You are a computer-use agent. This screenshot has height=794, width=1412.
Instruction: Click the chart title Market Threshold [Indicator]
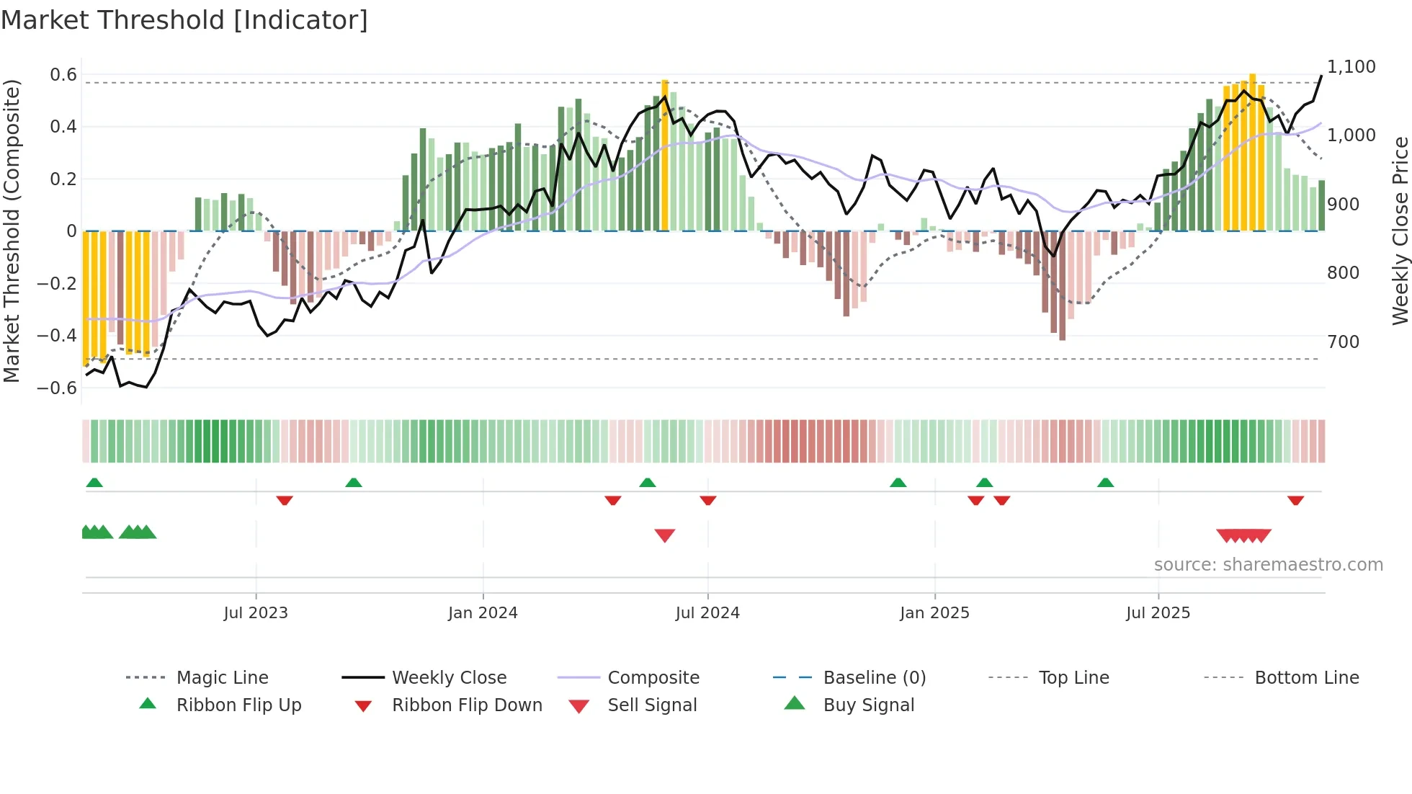coord(184,20)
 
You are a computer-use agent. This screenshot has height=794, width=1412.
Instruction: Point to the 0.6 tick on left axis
coord(63,75)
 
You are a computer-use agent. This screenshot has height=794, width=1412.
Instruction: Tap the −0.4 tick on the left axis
coord(57,336)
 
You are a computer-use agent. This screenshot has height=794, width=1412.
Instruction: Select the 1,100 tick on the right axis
coord(1351,67)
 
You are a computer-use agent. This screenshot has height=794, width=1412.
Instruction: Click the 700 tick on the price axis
coord(1343,342)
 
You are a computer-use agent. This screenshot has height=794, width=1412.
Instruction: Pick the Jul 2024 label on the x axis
coord(707,613)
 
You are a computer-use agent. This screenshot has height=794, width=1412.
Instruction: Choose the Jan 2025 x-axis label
coord(934,613)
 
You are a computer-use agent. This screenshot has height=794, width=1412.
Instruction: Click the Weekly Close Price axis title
coord(1400,231)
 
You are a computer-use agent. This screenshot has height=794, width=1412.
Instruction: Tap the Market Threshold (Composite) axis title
coord(12,231)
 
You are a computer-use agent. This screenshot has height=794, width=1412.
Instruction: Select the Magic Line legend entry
coord(222,678)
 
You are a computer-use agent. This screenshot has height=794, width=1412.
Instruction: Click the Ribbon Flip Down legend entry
coord(466,705)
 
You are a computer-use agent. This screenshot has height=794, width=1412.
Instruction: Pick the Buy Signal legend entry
coord(868,705)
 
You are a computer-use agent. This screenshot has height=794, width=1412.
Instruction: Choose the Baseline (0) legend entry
coord(874,678)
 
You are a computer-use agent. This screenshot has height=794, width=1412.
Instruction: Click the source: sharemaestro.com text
coord(1268,565)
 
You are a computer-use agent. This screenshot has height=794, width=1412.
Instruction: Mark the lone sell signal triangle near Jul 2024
coord(664,535)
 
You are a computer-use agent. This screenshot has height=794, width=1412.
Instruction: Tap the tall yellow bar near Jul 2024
coord(665,155)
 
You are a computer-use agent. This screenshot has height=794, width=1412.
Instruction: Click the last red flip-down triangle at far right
coord(1295,500)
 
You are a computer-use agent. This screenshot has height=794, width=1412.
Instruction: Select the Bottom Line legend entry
coord(1306,678)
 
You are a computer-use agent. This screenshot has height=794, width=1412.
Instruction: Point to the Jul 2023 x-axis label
coord(255,613)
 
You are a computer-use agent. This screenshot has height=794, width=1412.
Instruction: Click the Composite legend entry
coord(653,678)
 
